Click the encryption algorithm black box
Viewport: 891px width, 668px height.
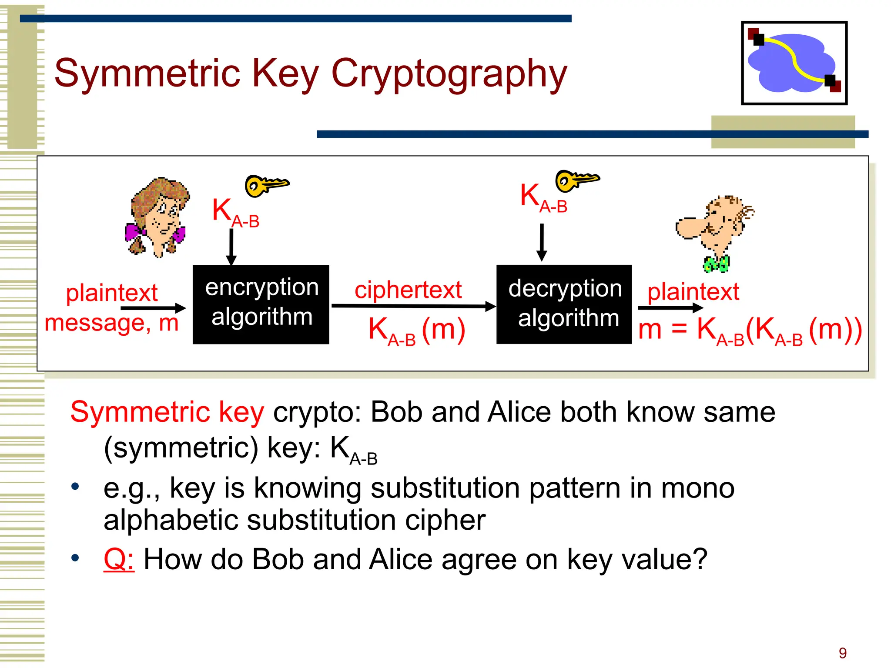point(261,304)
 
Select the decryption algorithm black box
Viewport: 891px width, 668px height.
point(564,304)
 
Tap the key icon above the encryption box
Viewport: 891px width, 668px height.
point(266,185)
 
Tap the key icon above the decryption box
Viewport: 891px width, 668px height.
point(576,180)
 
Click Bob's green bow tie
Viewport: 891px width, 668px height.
point(716,264)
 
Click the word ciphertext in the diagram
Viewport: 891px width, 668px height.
point(408,290)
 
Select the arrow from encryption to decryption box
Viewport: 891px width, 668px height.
point(413,306)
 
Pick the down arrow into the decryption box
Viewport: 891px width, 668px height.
point(542,242)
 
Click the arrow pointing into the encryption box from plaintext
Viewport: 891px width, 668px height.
point(153,308)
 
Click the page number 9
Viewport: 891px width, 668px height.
point(843,653)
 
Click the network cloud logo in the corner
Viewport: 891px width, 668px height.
point(794,63)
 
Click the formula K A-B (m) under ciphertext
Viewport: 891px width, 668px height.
point(417,331)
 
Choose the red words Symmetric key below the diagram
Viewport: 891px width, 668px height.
point(167,412)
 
